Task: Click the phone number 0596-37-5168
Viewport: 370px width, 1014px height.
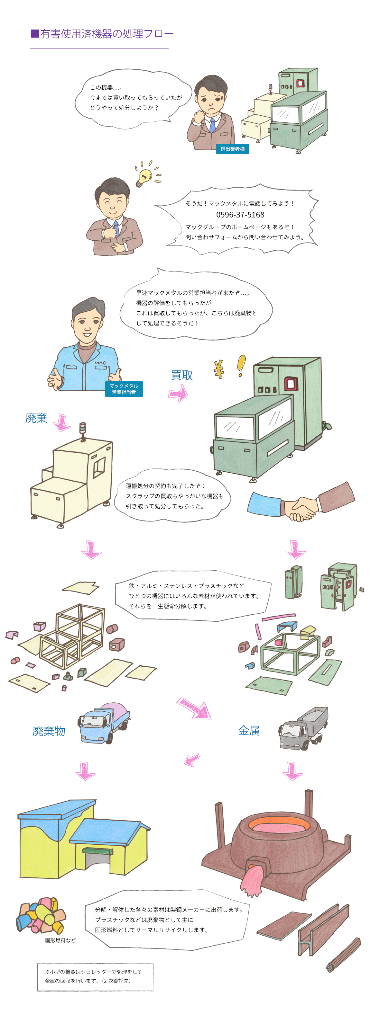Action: tap(240, 215)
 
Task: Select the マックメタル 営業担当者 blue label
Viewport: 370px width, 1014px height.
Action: tap(124, 389)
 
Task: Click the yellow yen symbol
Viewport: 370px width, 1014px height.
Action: tap(219, 369)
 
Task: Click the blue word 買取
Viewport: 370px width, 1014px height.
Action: tap(182, 375)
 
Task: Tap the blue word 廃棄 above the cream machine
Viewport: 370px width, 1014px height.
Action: tap(36, 418)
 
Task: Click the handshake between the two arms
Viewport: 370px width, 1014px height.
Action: tap(300, 509)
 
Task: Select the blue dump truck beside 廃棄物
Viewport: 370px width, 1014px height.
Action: tap(104, 722)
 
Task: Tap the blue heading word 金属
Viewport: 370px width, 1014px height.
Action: tap(249, 731)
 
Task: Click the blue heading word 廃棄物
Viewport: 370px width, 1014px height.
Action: tap(49, 731)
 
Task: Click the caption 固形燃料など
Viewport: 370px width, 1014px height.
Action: tap(60, 940)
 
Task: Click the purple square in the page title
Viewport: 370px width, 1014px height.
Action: tap(35, 33)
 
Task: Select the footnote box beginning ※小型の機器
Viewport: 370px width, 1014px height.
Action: tap(95, 977)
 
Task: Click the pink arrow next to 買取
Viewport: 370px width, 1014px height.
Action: tap(179, 394)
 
